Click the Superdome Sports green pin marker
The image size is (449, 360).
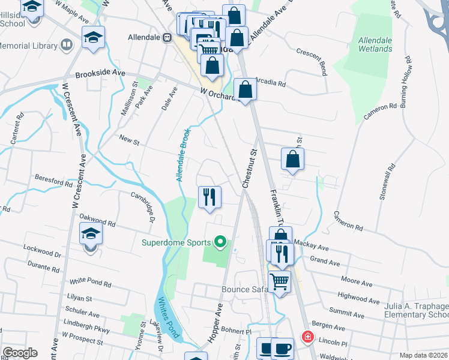click(220, 242)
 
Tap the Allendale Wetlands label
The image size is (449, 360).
click(375, 44)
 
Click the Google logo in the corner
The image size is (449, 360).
click(20, 353)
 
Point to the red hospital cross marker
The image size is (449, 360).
click(308, 337)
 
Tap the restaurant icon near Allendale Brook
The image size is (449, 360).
click(209, 197)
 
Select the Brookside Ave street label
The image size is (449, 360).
click(100, 73)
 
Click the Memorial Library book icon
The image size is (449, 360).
click(67, 45)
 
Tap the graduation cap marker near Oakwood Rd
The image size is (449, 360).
click(91, 233)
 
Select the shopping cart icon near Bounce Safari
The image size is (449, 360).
click(279, 281)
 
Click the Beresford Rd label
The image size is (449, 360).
click(53, 179)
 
